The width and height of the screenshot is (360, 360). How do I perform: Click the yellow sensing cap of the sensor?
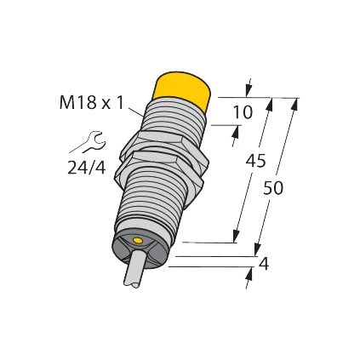(182, 89)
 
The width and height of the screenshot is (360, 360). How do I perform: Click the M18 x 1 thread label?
(90, 103)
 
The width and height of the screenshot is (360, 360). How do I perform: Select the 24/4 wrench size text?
(86, 168)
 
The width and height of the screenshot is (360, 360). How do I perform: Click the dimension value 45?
(255, 161)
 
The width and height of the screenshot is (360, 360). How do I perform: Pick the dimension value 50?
(272, 187)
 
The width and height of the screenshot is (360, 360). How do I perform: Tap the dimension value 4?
(264, 265)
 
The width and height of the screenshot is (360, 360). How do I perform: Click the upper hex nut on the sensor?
(164, 143)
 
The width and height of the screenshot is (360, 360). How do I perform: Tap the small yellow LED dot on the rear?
(138, 243)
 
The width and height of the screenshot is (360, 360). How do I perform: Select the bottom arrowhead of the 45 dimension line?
(235, 237)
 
